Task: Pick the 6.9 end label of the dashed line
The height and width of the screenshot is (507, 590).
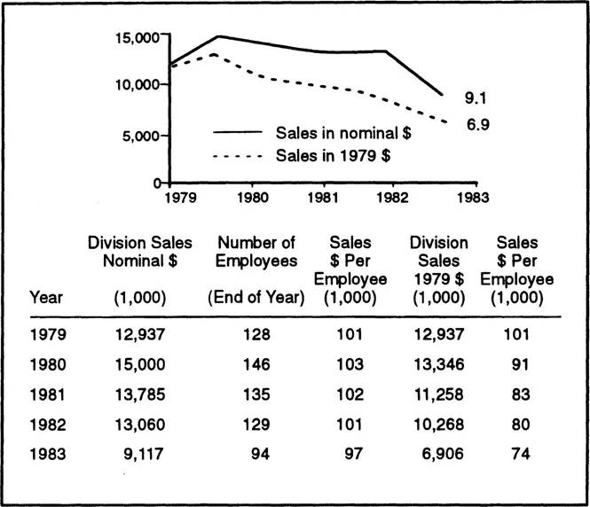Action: [x=477, y=124]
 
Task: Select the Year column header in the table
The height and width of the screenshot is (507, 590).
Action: [x=46, y=298]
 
